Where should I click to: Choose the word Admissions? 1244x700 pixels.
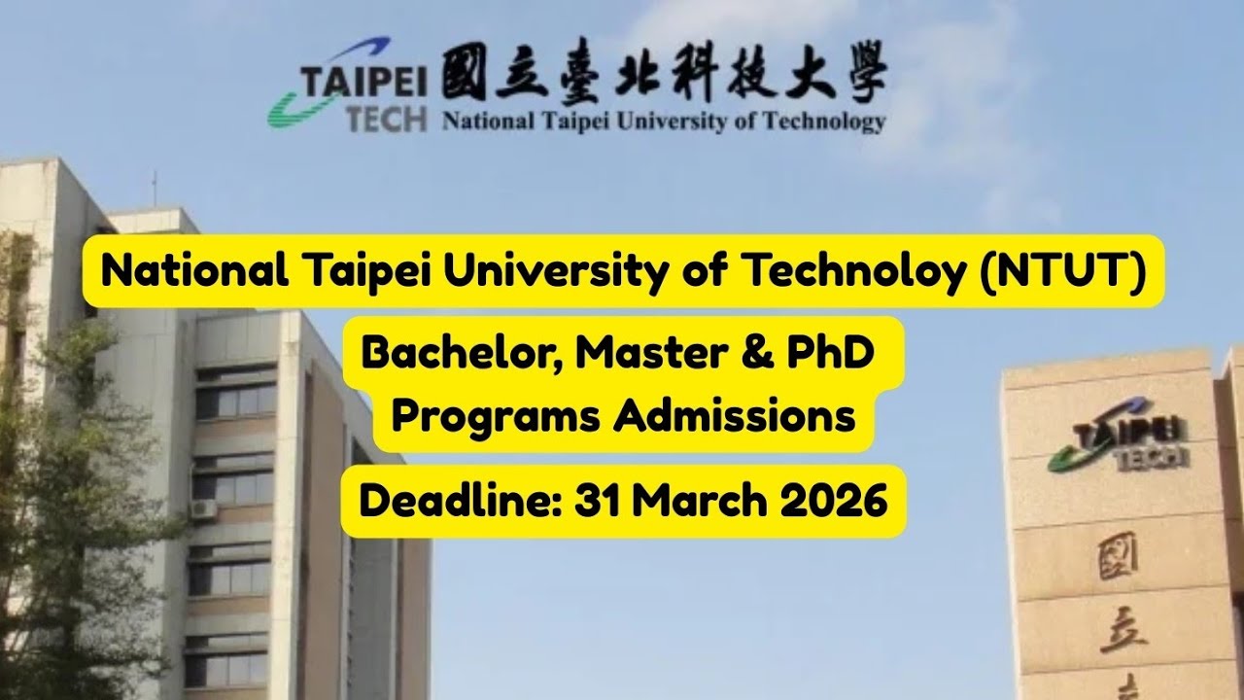point(734,416)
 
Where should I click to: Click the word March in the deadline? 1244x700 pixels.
point(696,502)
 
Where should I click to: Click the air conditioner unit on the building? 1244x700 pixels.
point(203,507)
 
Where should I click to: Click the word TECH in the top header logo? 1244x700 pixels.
point(387,119)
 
